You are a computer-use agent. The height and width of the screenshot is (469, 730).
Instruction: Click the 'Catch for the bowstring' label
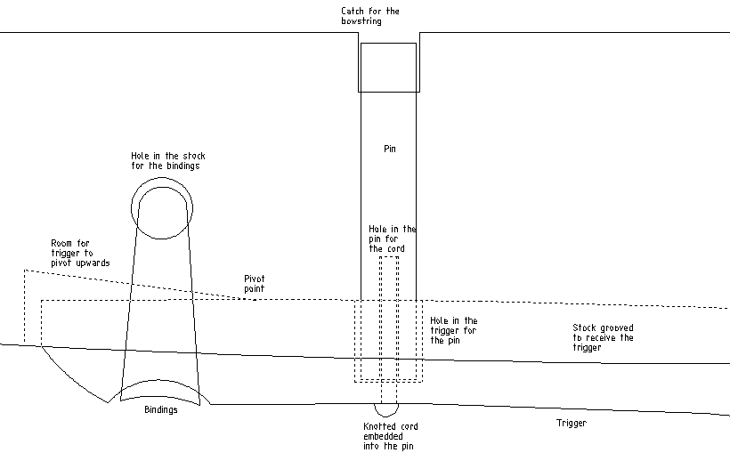pos(370,16)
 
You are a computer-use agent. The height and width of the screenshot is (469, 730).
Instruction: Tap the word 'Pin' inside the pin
pos(390,149)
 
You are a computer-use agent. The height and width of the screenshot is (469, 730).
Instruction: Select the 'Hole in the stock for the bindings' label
pos(168,161)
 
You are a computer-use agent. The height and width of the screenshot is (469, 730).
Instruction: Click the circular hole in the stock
pos(162,208)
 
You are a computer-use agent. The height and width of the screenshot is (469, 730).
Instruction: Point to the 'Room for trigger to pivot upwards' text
pos(80,253)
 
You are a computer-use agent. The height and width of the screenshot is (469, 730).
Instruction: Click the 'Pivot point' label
pos(255,283)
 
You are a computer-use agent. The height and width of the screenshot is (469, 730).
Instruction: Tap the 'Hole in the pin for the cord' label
pos(393,239)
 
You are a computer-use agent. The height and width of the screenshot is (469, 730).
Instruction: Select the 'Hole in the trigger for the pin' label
pos(454,330)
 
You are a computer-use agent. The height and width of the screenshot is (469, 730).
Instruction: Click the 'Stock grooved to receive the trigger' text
pos(603,337)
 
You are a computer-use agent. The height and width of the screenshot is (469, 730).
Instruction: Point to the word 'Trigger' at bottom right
pos(572,423)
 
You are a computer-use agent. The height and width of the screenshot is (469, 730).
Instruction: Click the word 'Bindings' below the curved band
pos(160,409)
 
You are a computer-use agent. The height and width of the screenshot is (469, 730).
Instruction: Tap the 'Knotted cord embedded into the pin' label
pos(391,436)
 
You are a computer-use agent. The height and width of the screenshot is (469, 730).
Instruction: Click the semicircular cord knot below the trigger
pos(386,410)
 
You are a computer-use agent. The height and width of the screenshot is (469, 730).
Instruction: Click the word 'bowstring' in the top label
pos(361,21)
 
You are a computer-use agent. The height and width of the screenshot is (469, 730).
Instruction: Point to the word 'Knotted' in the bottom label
pos(377,426)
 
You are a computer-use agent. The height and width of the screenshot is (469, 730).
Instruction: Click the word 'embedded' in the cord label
pos(383,436)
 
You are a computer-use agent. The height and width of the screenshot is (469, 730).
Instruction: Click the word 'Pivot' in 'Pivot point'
pos(255,279)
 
